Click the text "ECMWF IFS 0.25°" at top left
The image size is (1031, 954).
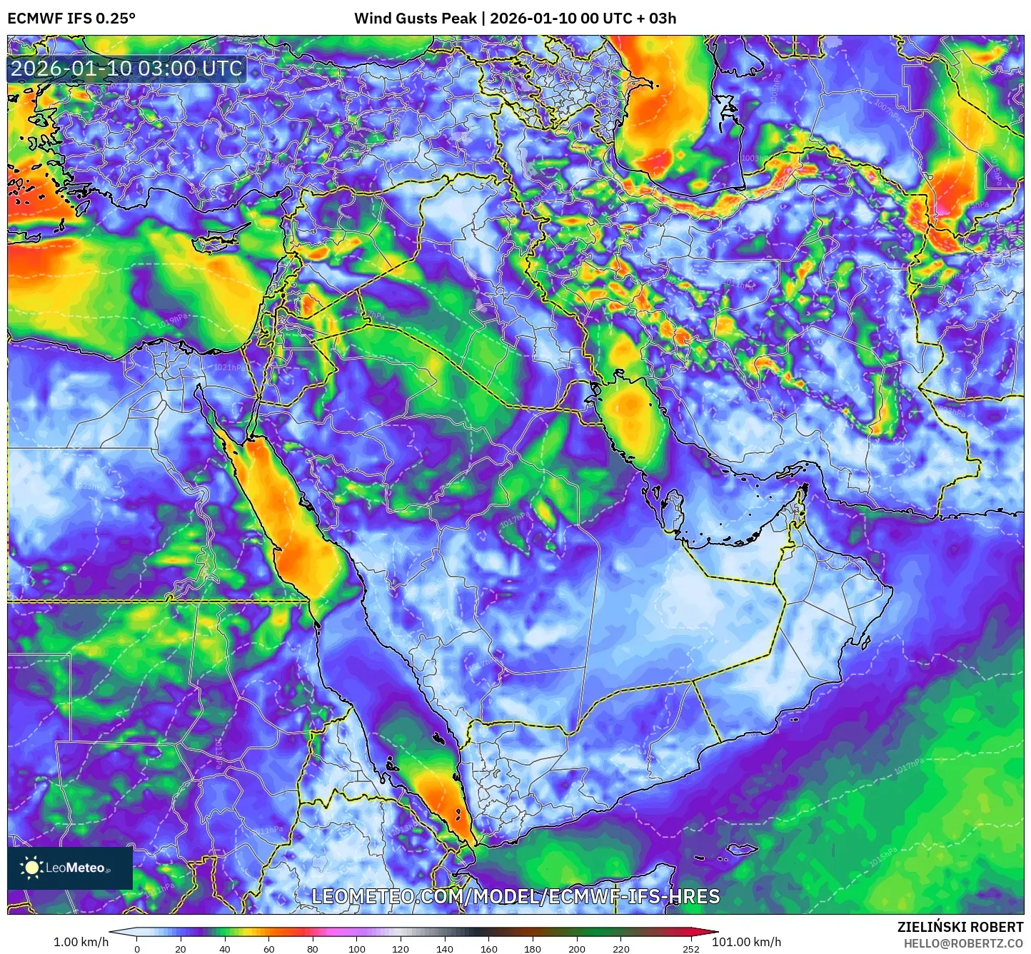(x=71, y=18)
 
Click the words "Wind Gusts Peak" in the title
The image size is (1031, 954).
(x=416, y=18)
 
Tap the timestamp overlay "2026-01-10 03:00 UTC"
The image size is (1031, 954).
(x=126, y=68)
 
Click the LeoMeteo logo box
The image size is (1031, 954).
(x=70, y=868)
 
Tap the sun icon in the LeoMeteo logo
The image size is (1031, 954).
(x=31, y=868)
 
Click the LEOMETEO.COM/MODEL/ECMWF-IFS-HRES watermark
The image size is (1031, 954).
(x=515, y=896)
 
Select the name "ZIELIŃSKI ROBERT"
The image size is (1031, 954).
(x=960, y=927)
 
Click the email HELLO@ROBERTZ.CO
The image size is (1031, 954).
(x=963, y=943)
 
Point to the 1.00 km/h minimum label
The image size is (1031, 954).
(x=81, y=942)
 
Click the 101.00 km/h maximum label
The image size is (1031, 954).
(x=746, y=942)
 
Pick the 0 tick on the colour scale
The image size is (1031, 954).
(x=137, y=949)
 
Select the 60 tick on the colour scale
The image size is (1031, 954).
(x=268, y=949)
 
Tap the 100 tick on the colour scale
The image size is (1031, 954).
(x=356, y=949)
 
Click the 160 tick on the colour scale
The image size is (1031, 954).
(x=489, y=949)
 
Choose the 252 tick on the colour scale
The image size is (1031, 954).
(x=690, y=949)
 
